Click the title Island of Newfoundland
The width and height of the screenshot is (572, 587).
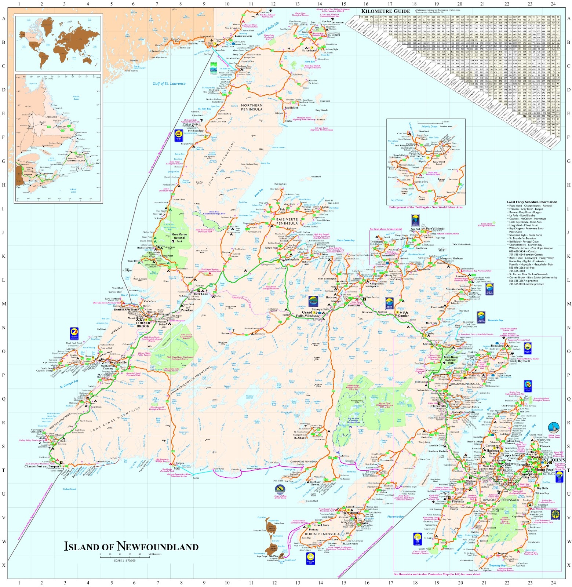[131, 546]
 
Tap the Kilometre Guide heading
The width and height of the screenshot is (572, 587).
[386, 11]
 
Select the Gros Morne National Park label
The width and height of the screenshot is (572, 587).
[179, 238]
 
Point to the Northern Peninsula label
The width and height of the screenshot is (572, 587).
[252, 107]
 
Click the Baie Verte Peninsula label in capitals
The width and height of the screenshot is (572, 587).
[287, 221]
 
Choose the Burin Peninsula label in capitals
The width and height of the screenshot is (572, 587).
[322, 534]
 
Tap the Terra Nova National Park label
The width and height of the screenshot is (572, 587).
[451, 360]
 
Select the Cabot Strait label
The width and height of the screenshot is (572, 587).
[69, 489]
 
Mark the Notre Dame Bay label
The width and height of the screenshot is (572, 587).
[346, 240]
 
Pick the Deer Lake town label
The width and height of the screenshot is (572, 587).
[201, 294]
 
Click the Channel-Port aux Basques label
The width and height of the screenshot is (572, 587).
[42, 466]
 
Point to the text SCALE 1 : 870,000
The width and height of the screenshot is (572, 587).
[125, 561]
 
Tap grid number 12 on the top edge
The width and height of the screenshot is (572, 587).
[273, 4]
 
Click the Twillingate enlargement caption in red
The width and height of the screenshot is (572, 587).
[426, 207]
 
